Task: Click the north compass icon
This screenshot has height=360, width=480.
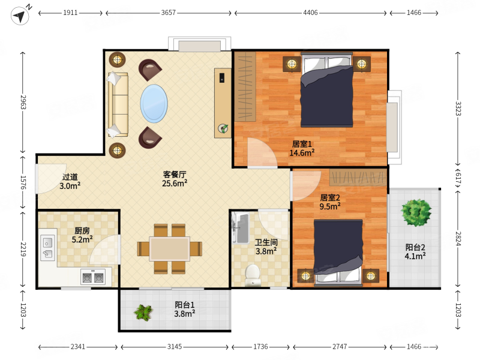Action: pyautogui.click(x=20, y=14)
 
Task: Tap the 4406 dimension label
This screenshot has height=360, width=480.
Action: pyautogui.click(x=310, y=13)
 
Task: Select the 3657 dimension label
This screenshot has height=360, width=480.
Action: pyautogui.click(x=169, y=13)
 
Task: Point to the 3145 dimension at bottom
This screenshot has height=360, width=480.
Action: pyautogui.click(x=175, y=347)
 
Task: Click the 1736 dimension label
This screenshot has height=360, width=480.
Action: pyautogui.click(x=260, y=347)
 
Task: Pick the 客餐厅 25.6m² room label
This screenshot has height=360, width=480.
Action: pyautogui.click(x=175, y=179)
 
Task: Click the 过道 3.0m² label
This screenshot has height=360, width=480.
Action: pyautogui.click(x=70, y=181)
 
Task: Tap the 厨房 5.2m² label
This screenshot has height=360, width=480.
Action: pyautogui.click(x=82, y=235)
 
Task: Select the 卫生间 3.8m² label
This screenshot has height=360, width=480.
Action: pyautogui.click(x=266, y=247)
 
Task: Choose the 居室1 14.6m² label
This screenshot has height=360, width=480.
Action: pyautogui.click(x=302, y=148)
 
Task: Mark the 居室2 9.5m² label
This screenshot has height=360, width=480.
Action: pyautogui.click(x=330, y=202)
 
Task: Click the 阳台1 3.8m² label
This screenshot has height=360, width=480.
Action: pyautogui.click(x=185, y=309)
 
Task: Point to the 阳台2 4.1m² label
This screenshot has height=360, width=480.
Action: pyautogui.click(x=415, y=251)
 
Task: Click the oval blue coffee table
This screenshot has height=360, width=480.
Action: pyautogui.click(x=154, y=103)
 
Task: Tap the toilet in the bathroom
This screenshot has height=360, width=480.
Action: pyautogui.click(x=253, y=275)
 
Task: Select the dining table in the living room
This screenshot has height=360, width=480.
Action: pyautogui.click(x=169, y=248)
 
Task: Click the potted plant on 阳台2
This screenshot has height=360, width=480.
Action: pyautogui.click(x=416, y=212)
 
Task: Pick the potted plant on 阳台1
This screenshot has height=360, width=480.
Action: pyautogui.click(x=143, y=313)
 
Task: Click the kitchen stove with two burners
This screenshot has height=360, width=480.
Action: pyautogui.click(x=93, y=277)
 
